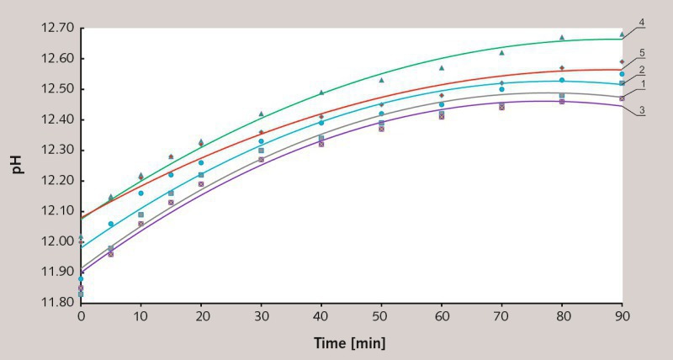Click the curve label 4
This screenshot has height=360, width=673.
(x=642, y=22)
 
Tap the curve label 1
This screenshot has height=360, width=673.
(x=642, y=84)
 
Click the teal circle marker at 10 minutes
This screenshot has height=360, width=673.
(x=140, y=193)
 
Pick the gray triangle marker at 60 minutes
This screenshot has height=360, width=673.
(x=442, y=68)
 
